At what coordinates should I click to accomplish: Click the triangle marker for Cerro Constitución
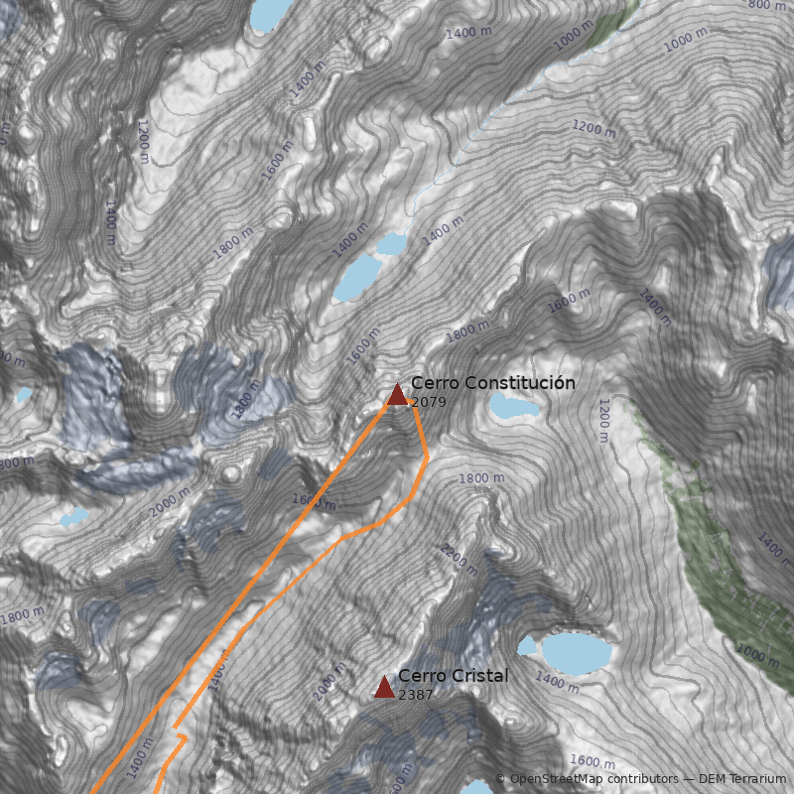tap(397, 395)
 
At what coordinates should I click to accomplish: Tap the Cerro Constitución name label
tap(492, 383)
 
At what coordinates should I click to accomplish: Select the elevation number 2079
tap(428, 402)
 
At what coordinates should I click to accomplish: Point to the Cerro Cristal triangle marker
tap(384, 687)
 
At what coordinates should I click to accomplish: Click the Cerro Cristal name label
tap(453, 676)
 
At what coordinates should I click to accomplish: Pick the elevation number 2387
tap(415, 695)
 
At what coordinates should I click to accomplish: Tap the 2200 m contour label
tap(460, 560)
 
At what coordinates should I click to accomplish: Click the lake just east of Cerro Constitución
tap(514, 405)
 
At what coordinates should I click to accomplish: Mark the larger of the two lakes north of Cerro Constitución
tap(355, 277)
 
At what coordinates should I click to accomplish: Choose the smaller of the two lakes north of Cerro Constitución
tap(391, 243)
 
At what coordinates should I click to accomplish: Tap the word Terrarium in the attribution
tap(755, 779)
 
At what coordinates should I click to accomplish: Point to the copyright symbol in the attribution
tap(501, 779)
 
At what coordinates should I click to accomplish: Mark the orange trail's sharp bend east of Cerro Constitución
tap(427, 460)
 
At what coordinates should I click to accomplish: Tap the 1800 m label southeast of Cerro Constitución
tap(481, 478)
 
